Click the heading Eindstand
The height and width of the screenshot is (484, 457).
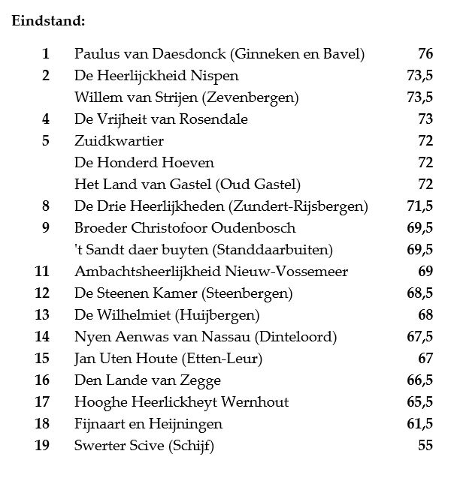point(48,20)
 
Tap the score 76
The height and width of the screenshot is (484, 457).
point(425,54)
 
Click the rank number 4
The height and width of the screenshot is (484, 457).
point(46,119)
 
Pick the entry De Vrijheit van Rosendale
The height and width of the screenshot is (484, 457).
point(161,119)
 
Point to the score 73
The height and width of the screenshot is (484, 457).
point(425,119)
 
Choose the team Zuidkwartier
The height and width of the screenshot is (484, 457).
point(119,141)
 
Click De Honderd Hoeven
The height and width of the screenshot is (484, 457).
point(144,163)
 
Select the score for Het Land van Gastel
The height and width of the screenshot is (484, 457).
point(425,185)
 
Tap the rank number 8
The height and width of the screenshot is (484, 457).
point(46,206)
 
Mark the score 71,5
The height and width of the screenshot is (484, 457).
point(419,206)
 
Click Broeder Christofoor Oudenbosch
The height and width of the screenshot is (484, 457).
point(185,228)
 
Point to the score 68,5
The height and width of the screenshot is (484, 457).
point(419,293)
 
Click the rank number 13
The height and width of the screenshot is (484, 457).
point(42,315)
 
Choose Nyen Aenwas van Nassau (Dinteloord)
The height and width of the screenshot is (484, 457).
point(205,337)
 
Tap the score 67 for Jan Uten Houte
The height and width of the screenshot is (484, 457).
point(425,359)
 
